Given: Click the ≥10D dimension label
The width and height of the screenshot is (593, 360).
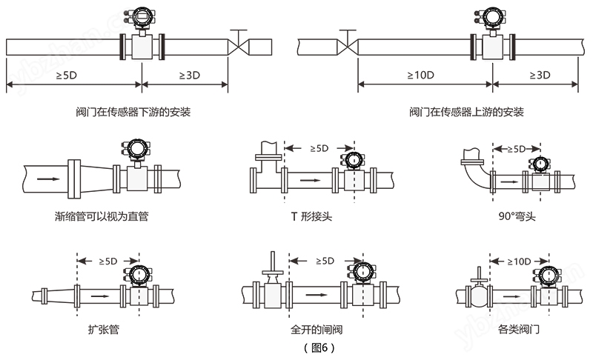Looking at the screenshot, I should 420,76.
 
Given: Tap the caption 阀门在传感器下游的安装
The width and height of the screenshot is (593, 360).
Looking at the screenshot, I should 117,113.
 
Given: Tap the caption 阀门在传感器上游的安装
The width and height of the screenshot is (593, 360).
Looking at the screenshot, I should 466,113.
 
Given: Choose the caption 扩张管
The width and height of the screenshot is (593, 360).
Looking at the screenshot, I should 104,328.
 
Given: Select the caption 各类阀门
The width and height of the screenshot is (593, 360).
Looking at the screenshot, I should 518,328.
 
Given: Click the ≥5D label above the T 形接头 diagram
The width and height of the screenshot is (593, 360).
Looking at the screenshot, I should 317,149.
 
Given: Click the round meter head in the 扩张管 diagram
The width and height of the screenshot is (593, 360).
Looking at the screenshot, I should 136,275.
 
